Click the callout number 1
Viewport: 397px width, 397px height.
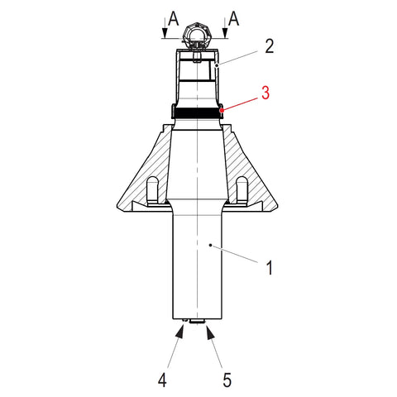pyautogui.click(x=270, y=267)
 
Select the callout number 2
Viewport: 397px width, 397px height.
pyautogui.click(x=270, y=46)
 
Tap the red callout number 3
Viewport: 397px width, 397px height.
pyautogui.click(x=265, y=93)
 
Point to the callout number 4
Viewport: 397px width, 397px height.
pyautogui.click(x=162, y=380)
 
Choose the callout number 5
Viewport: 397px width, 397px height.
pyautogui.click(x=227, y=380)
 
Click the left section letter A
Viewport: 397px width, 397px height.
pyautogui.click(x=174, y=19)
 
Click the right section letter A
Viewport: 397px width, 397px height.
pyautogui.click(x=234, y=19)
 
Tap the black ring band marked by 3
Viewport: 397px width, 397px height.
pyautogui.click(x=198, y=112)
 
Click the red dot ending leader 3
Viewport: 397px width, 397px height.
pyautogui.click(x=222, y=110)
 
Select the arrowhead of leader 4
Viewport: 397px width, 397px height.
pyautogui.click(x=180, y=331)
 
